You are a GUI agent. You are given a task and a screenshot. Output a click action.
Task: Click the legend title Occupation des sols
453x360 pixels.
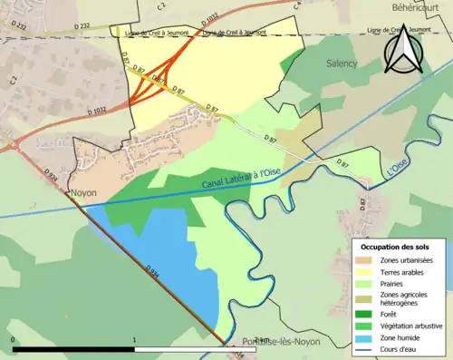pos(397,247)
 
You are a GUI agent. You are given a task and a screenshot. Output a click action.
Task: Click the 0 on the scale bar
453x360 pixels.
pos(14,340)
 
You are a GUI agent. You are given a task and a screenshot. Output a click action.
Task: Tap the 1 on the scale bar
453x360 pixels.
pos(134,340)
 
